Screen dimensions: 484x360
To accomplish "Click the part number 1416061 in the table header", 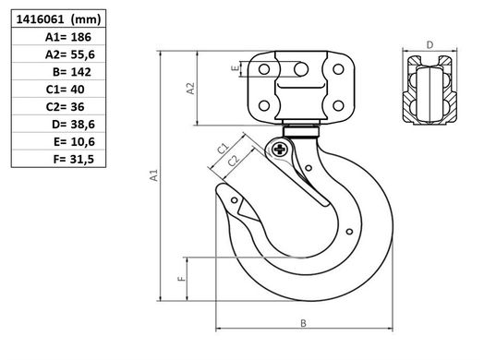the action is tap(40, 19).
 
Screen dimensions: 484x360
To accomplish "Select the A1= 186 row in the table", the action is tap(68, 37).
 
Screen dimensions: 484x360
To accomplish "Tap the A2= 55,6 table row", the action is tap(70, 54).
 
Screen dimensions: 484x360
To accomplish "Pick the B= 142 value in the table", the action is tap(72, 72).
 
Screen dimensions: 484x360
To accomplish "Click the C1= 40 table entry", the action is tap(66, 90).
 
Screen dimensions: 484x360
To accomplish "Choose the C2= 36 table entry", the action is tap(66, 107).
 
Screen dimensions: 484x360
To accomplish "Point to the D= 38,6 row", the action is tap(74, 125).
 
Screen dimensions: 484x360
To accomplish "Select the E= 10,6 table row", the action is tap(74, 142).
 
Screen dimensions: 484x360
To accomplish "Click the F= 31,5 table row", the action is tap(74, 160).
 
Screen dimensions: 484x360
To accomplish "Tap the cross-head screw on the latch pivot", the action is tap(280, 150).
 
